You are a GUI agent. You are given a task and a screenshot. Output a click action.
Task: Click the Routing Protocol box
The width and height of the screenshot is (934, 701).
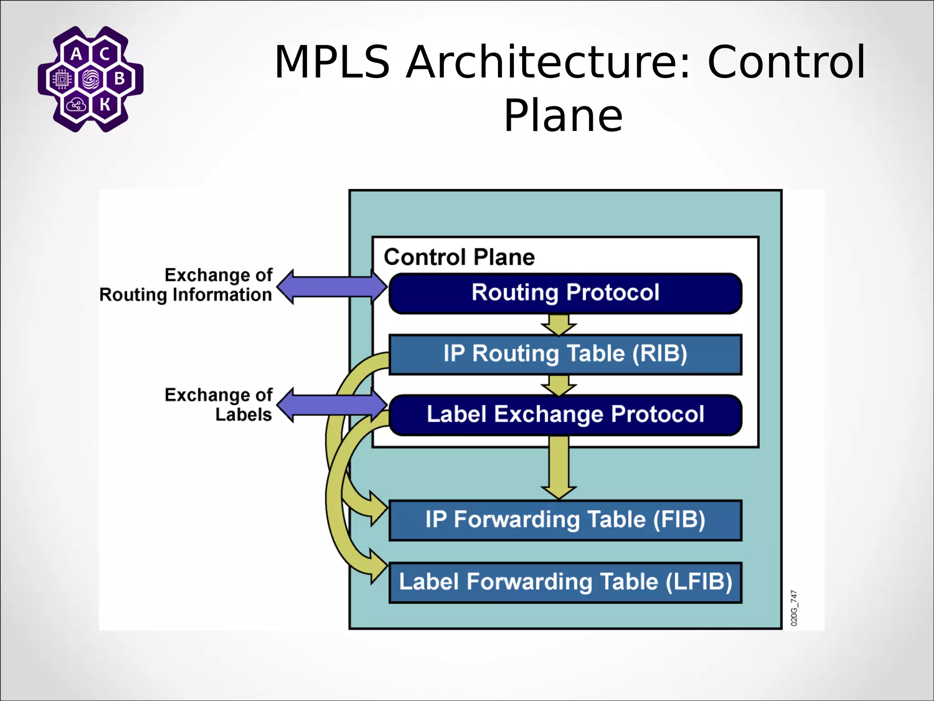[565, 293]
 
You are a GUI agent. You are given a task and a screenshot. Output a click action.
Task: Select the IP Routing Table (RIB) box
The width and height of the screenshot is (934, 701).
[565, 354]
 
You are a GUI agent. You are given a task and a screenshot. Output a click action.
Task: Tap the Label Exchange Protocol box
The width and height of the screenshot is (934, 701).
[565, 415]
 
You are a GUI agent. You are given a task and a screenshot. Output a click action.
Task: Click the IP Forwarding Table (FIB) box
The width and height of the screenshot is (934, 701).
[565, 520]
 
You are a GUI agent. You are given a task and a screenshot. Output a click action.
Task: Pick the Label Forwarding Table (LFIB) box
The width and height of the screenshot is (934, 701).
[565, 582]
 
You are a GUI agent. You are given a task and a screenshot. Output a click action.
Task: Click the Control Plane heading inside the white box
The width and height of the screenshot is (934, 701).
[459, 257]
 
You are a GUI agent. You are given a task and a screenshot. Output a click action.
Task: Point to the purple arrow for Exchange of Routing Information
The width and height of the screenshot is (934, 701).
[332, 287]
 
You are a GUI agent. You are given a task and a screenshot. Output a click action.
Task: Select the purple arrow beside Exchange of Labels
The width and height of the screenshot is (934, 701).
[332, 405]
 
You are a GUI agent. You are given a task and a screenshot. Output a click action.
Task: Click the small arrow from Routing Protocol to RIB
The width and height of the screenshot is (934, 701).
[559, 324]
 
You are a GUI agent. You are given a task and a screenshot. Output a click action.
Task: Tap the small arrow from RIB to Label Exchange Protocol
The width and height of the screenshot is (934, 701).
[559, 385]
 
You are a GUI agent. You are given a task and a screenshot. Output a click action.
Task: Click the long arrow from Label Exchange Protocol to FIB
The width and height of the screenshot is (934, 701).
[559, 468]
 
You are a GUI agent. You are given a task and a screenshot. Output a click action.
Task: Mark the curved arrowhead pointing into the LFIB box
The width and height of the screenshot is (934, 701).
[378, 566]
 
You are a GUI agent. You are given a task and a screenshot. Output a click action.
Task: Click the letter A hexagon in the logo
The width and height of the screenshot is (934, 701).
[77, 54]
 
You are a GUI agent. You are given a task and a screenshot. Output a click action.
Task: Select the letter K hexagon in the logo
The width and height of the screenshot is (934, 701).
[105, 105]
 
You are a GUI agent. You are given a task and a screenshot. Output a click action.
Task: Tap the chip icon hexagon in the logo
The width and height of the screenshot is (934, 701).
[62, 79]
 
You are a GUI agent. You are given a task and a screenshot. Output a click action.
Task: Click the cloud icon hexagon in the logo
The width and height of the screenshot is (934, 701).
[76, 105]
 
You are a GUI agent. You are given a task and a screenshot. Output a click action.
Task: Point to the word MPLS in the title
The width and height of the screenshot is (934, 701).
[332, 62]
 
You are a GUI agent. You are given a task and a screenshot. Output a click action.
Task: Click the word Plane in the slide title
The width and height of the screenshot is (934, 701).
[563, 116]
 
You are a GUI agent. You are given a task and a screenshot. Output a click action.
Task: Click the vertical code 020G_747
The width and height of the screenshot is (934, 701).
[794, 608]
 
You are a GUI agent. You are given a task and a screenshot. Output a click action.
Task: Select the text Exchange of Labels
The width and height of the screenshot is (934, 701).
[219, 405]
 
